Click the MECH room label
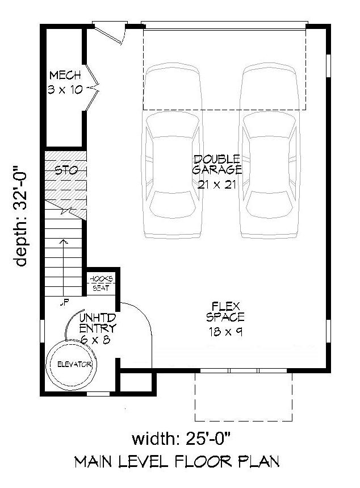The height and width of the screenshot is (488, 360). pyautogui.click(x=65, y=76)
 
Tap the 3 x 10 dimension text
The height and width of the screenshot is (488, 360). pyautogui.click(x=65, y=89)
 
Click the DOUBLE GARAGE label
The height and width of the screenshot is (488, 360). pyautogui.click(x=217, y=164)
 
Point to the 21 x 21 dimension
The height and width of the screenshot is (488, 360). pyautogui.click(x=217, y=183)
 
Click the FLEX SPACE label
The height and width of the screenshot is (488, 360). pyautogui.click(x=225, y=312)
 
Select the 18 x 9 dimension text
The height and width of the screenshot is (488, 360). pyautogui.click(x=225, y=332)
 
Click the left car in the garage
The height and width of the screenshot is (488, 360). pyautogui.click(x=172, y=151)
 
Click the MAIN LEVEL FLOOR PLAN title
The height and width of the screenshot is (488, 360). pyautogui.click(x=177, y=461)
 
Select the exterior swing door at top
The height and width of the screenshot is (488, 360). pyautogui.click(x=109, y=32)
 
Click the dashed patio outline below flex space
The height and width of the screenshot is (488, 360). pyautogui.click(x=244, y=397)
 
